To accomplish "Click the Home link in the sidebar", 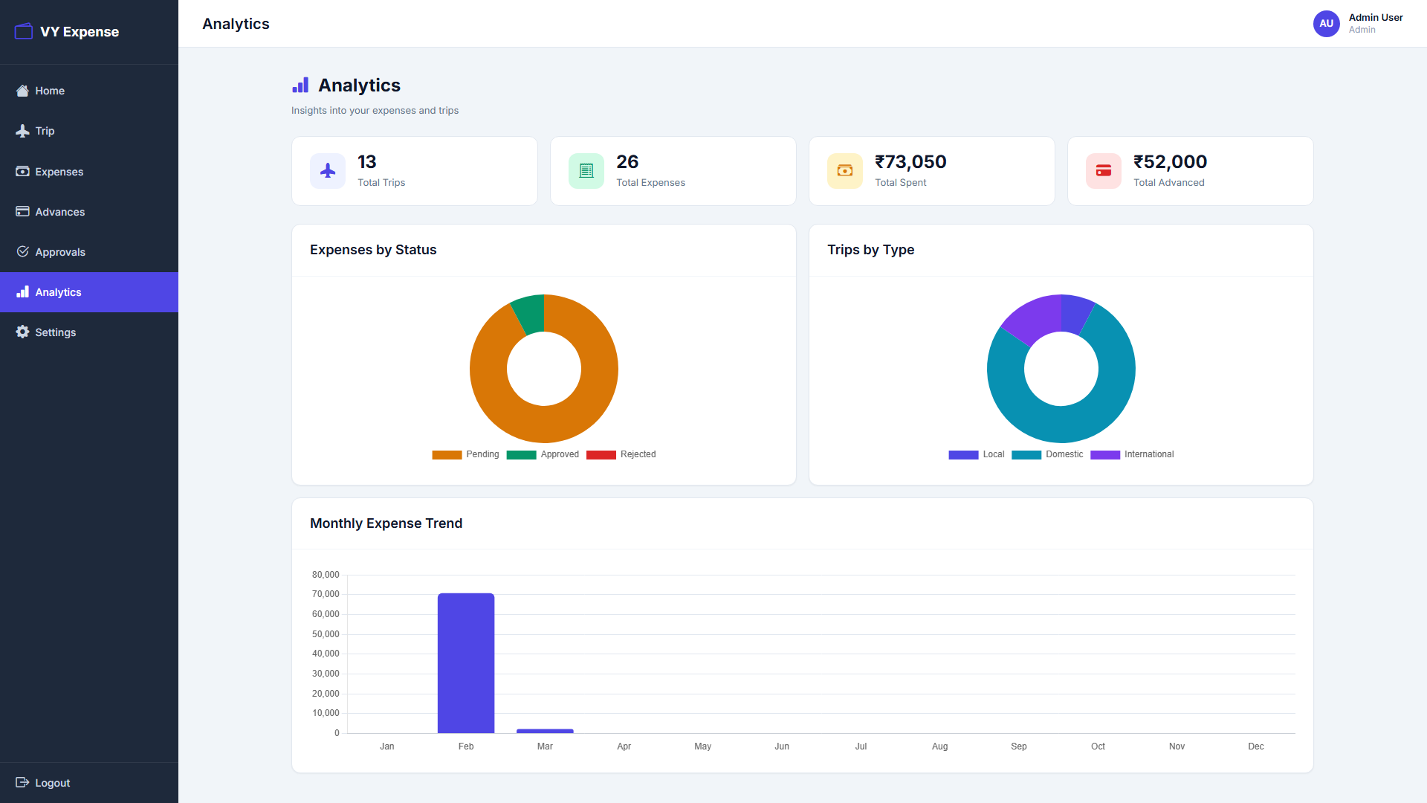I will click(49, 91).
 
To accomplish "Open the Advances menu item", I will click(59, 212).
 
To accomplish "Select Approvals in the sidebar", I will click(59, 252).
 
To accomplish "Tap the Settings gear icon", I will click(23, 332).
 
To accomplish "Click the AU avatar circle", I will click(1326, 24).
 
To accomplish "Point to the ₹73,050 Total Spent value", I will click(910, 162).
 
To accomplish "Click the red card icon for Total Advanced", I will click(1104, 171).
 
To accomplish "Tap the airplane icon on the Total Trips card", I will click(328, 171).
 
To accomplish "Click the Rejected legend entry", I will click(621, 454).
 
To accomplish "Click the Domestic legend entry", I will click(1047, 454).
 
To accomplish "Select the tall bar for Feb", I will click(466, 662).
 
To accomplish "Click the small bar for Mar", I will click(545, 731).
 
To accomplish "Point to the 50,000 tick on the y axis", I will click(326, 634).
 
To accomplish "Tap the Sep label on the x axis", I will click(1018, 746).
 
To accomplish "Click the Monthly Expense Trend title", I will click(386, 523).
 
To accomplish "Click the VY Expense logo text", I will click(80, 32).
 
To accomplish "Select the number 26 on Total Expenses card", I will click(627, 162).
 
